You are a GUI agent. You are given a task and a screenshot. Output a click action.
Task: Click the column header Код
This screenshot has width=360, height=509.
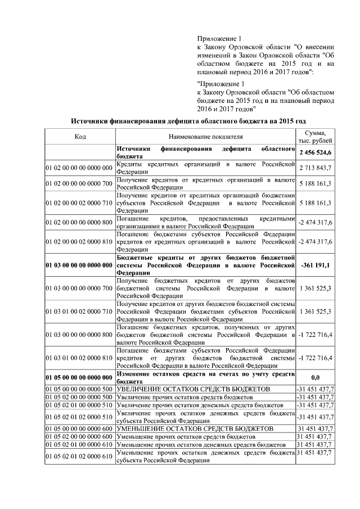click(80, 137)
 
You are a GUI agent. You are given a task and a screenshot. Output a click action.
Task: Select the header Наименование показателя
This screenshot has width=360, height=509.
click(205, 137)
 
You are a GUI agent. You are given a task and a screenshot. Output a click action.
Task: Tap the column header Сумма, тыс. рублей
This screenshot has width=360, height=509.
click(316, 136)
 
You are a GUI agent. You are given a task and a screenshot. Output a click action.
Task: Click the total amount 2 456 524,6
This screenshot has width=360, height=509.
click(316, 152)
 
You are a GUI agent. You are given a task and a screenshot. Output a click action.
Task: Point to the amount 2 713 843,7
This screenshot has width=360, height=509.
click(316, 168)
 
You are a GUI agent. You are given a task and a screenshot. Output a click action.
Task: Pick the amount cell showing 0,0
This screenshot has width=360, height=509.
click(316, 377)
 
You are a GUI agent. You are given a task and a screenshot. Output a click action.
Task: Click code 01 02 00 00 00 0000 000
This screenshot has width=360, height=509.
click(80, 168)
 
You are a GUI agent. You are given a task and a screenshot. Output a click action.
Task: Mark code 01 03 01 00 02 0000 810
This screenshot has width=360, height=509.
click(80, 358)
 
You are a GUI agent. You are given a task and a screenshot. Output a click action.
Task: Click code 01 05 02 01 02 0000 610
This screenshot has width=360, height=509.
click(80, 456)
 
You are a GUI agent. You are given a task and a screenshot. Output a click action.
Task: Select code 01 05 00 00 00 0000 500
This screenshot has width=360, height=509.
click(80, 389)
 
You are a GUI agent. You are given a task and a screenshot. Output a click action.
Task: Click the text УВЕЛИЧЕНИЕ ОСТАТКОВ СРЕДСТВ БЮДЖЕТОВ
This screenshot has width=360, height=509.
click(194, 389)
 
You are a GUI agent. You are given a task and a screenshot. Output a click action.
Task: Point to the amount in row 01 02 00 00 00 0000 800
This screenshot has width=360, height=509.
click(316, 223)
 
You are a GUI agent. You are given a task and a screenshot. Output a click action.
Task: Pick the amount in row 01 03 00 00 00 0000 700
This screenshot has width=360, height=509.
click(316, 288)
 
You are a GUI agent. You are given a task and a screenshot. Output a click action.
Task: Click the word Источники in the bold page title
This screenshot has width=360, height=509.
click(92, 120)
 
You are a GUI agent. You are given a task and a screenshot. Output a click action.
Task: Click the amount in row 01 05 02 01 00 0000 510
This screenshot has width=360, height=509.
click(316, 405)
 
